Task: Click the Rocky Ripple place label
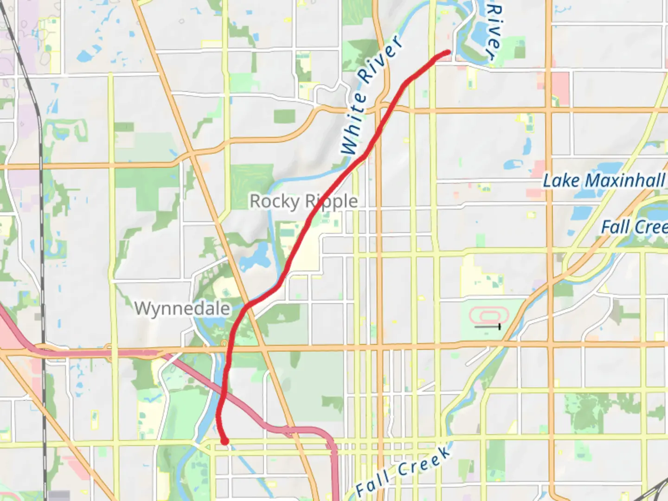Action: coord(304,201)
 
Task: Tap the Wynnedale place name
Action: coord(182,308)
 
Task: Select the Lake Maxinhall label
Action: coord(604,180)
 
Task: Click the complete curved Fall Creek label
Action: coord(403,471)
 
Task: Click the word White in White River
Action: coord(354,124)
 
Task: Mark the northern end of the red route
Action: coord(448,52)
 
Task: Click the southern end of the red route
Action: coord(225,441)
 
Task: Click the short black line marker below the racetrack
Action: coord(488,327)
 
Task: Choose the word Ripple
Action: coord(331,201)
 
